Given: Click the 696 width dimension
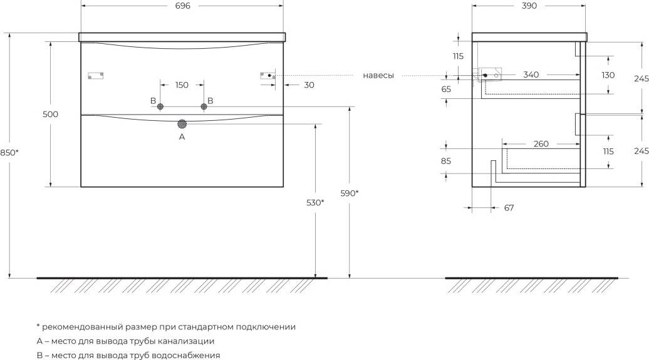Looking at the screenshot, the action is pyautogui.click(x=182, y=6).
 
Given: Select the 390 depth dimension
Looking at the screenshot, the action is pyautogui.click(x=529, y=6).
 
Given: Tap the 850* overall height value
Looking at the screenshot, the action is pyautogui.click(x=9, y=153).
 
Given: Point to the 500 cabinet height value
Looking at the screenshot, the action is pyautogui.click(x=51, y=114).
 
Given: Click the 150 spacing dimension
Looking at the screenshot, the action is pyautogui.click(x=182, y=85).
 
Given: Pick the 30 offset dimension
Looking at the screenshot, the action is pyautogui.click(x=309, y=85).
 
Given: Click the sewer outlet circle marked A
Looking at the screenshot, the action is pyautogui.click(x=182, y=124).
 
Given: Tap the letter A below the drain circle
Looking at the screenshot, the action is pyautogui.click(x=182, y=136).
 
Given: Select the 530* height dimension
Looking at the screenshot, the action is pyautogui.click(x=315, y=203).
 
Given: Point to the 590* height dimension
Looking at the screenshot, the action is pyautogui.click(x=350, y=193).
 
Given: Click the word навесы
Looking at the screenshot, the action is pyautogui.click(x=378, y=76).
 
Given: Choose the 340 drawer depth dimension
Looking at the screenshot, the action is pyautogui.click(x=531, y=75).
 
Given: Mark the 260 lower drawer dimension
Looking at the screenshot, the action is pyautogui.click(x=541, y=143).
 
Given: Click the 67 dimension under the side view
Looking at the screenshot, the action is pyautogui.click(x=509, y=208).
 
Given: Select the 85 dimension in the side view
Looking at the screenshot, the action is pyautogui.click(x=446, y=162).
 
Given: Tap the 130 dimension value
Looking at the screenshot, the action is pyautogui.click(x=608, y=75).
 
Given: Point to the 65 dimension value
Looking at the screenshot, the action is pyautogui.click(x=446, y=90).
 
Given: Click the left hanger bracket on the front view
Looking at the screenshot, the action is pyautogui.click(x=96, y=76).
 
